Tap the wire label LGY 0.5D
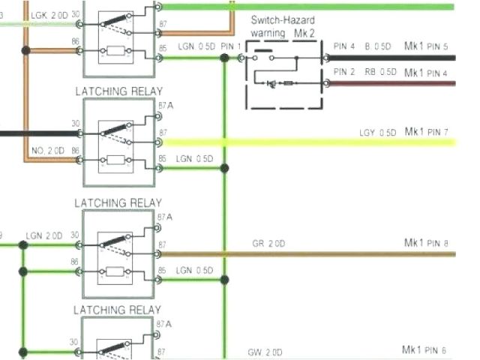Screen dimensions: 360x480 click(x=376, y=133)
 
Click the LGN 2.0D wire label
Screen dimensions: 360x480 click(x=44, y=235)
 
